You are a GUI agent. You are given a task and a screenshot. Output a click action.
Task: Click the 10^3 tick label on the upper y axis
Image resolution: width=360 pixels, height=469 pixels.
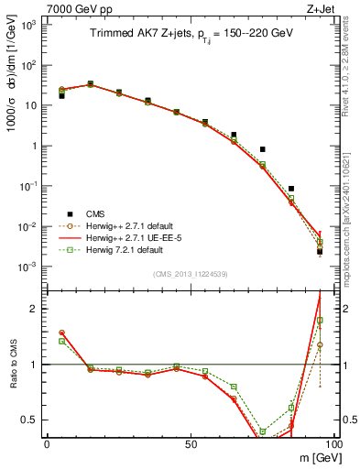point(28,25)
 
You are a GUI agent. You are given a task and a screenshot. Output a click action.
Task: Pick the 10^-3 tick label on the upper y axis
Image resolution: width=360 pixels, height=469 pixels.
point(28,267)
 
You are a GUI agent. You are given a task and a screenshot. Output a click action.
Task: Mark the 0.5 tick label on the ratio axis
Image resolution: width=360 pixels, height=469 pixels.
point(30,420)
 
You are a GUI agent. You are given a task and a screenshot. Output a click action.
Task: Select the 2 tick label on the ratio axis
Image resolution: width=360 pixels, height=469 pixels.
point(35,310)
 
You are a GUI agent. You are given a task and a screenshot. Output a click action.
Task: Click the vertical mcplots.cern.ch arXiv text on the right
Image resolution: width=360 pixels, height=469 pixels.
point(352,229)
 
